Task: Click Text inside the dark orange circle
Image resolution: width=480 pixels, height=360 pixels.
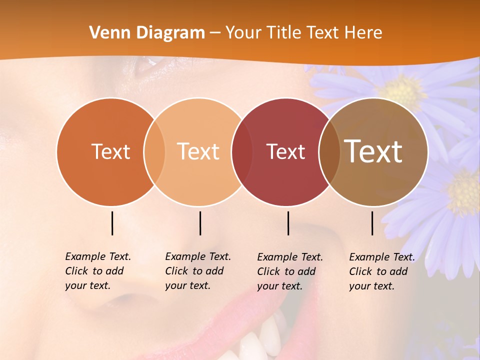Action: coord(110,151)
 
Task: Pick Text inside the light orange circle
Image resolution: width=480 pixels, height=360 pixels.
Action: coord(198,151)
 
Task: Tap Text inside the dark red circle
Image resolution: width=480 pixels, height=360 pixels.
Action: coord(285,151)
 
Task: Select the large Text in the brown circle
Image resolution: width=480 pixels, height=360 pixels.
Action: coord(373,151)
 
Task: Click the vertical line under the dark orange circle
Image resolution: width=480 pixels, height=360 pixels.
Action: coord(112,223)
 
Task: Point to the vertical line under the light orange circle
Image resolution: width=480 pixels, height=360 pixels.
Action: coord(200,223)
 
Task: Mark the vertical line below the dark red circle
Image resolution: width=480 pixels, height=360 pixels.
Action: coord(288,223)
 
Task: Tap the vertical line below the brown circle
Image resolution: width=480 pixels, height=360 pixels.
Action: coord(372,223)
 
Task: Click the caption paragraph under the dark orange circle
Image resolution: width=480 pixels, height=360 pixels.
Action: coord(97,271)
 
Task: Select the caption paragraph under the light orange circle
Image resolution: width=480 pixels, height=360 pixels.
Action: coord(197,271)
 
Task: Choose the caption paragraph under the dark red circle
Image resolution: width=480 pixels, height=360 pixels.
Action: coord(289,271)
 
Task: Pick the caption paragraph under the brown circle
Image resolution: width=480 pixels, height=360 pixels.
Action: coord(381,271)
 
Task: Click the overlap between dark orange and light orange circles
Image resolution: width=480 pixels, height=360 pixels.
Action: coord(154,151)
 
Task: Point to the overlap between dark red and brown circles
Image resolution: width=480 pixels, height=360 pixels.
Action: coord(329,151)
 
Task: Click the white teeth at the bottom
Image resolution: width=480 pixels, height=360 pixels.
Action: coord(260,340)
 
